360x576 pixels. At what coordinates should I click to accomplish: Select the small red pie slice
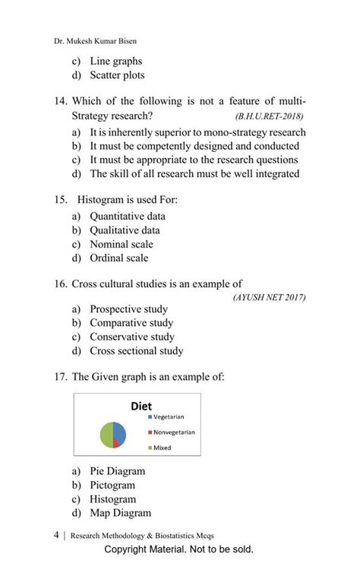(x=118, y=441)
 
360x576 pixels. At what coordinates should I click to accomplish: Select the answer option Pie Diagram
(x=117, y=471)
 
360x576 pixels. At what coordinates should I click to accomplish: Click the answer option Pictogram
(x=112, y=485)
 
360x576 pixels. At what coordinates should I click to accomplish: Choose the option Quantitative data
(x=127, y=216)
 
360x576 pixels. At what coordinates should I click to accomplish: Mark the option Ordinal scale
(x=118, y=258)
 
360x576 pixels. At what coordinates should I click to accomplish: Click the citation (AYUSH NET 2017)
(x=269, y=297)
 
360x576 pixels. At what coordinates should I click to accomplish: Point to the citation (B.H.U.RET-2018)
(x=270, y=118)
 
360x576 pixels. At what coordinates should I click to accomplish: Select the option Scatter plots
(x=117, y=75)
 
